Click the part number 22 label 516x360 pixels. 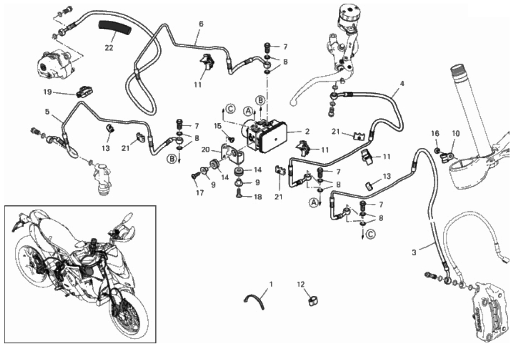(x=109, y=48)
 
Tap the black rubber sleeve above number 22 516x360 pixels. (x=115, y=27)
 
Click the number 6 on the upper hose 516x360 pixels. (x=201, y=24)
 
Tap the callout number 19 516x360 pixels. (x=48, y=92)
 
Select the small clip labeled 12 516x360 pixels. (x=313, y=300)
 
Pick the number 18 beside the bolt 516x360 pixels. (x=258, y=197)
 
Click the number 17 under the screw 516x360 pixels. (x=200, y=193)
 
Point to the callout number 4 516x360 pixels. (x=402, y=84)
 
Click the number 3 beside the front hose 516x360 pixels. (x=414, y=252)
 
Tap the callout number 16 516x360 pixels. (x=435, y=133)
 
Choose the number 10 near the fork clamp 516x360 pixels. (x=455, y=133)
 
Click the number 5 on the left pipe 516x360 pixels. (x=47, y=111)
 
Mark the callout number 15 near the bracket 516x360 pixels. (x=218, y=126)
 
